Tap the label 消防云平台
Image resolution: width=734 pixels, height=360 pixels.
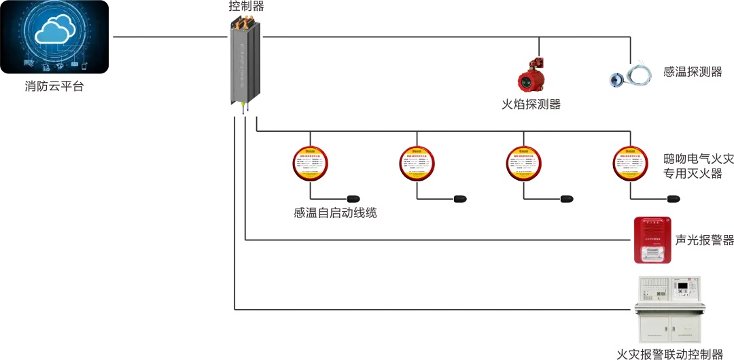click(x=54, y=86)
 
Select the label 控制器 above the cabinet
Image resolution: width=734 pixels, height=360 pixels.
click(x=246, y=7)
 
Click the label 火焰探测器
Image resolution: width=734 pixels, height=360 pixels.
click(x=531, y=105)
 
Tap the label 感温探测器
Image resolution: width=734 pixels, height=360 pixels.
click(x=693, y=72)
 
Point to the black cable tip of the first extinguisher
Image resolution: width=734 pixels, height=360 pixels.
click(x=353, y=199)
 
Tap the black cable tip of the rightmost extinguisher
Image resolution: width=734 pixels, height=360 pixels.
click(x=674, y=199)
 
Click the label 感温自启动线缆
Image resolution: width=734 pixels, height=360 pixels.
click(x=335, y=213)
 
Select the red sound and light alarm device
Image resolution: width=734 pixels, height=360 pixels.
click(x=652, y=240)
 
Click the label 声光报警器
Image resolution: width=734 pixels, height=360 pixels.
click(x=705, y=240)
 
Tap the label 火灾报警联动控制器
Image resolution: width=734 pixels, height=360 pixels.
click(x=669, y=354)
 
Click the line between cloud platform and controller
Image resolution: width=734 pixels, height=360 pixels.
click(x=170, y=36)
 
